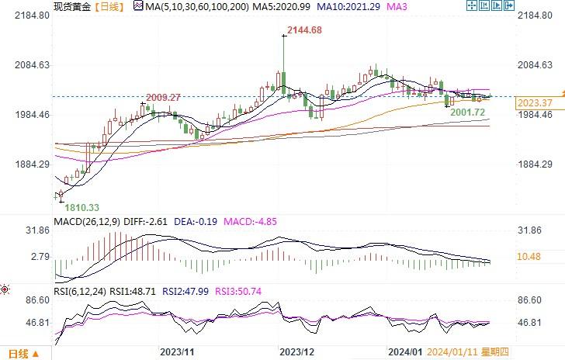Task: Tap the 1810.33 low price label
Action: point(81,207)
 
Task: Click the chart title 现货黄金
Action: point(71,6)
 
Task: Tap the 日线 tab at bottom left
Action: point(19,354)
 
